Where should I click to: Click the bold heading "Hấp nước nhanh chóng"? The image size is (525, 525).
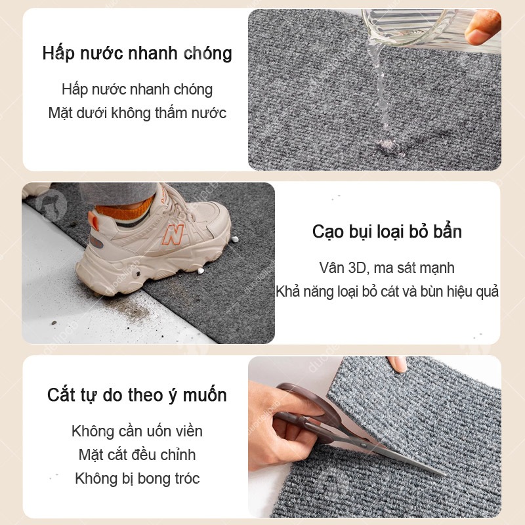(x=137, y=54)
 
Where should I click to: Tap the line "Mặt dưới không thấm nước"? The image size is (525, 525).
(x=137, y=113)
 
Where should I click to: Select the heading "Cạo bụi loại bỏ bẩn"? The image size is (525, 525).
(x=387, y=232)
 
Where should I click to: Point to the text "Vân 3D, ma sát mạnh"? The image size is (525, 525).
(x=387, y=268)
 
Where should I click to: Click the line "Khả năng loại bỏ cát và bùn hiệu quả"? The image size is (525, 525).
(x=387, y=291)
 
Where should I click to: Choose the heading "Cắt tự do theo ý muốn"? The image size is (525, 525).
(x=137, y=395)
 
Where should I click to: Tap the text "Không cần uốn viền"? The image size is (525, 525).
(x=137, y=431)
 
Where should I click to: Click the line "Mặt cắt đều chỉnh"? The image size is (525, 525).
(x=137, y=455)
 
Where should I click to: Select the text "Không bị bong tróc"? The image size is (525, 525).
(x=137, y=478)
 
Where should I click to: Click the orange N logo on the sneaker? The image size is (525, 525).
(x=173, y=234)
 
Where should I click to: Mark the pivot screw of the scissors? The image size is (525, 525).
(x=364, y=445)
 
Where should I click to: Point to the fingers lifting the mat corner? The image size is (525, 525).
(x=398, y=364)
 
